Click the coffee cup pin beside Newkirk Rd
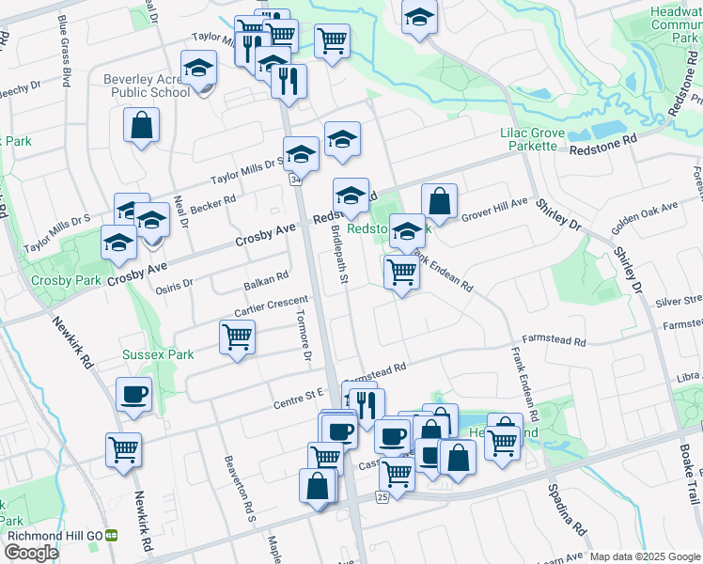(133, 394)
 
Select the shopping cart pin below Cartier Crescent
(237, 337)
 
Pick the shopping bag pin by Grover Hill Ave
(439, 201)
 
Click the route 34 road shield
(296, 179)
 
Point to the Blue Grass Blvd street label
(65, 39)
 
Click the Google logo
(31, 553)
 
